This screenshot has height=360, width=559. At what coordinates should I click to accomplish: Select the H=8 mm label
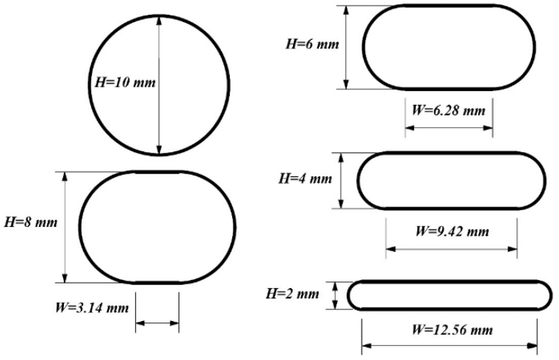click(30, 220)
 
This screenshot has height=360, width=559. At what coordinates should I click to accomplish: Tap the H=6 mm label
click(312, 45)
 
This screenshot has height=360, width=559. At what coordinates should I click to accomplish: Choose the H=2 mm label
click(292, 295)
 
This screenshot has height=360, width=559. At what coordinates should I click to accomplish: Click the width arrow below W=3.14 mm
click(157, 322)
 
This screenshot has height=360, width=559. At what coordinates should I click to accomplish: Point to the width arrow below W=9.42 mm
click(452, 248)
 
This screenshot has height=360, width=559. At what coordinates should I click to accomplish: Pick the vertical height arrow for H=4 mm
click(342, 180)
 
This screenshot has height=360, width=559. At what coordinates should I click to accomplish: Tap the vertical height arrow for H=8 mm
click(66, 226)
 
